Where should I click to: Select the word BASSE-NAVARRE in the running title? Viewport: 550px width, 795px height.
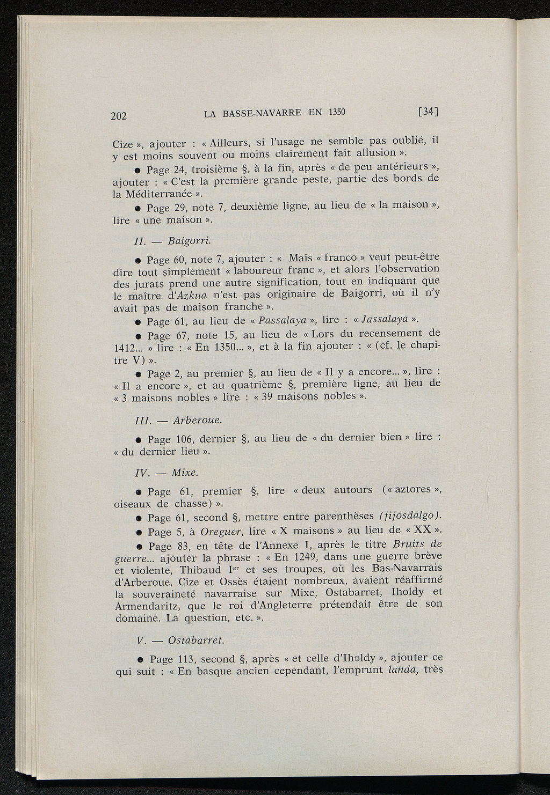point(262,113)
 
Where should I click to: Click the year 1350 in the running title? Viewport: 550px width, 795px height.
point(336,112)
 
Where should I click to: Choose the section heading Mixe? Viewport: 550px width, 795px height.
point(185,473)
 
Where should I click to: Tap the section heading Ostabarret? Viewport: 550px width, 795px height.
point(197,641)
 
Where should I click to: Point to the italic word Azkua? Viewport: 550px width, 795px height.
point(189,296)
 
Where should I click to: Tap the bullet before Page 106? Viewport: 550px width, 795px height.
point(139,440)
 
